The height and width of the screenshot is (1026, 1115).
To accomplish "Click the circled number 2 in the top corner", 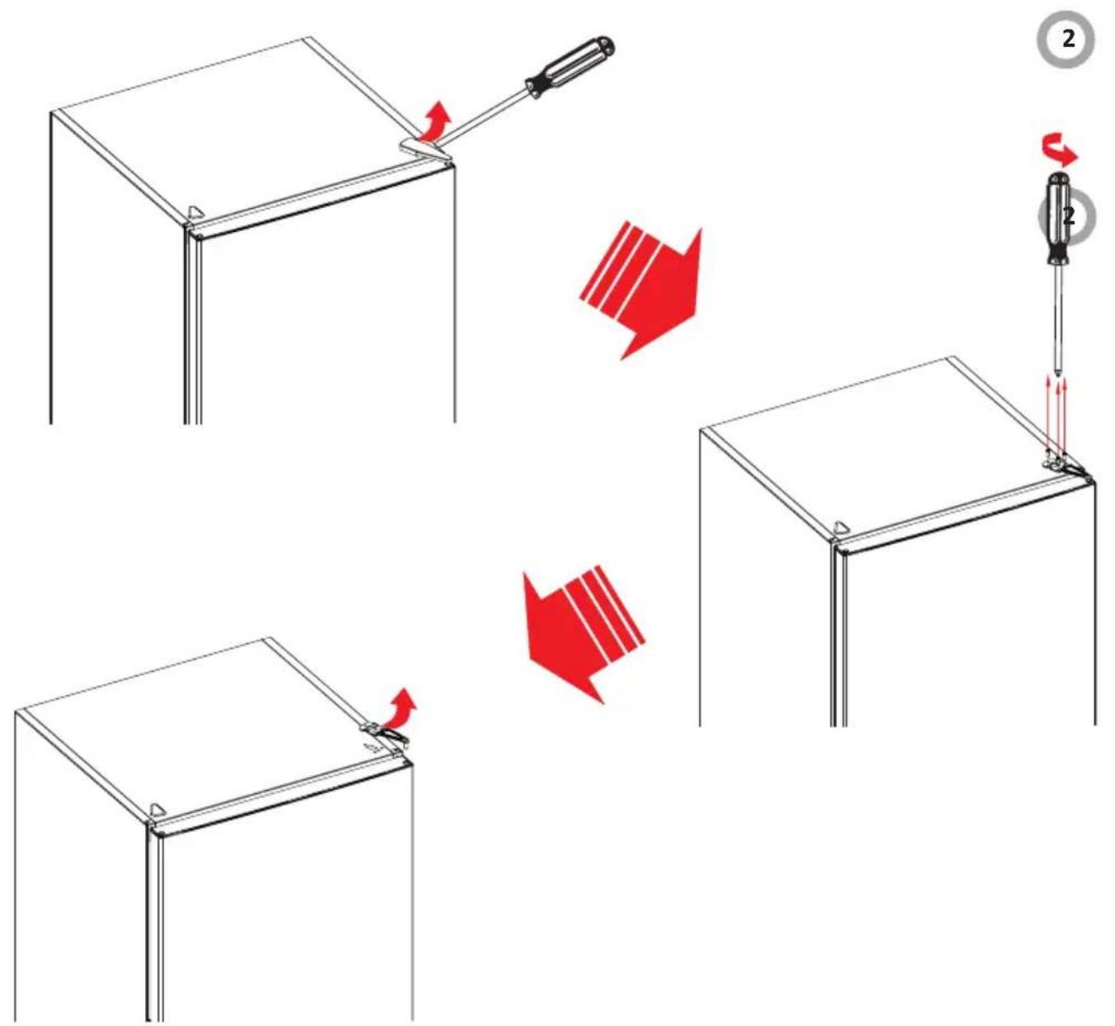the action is click(x=1066, y=40).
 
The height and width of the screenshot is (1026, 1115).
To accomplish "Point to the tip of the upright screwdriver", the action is click(x=1058, y=376).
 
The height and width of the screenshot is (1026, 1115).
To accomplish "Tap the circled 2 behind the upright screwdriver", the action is click(x=1067, y=215).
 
